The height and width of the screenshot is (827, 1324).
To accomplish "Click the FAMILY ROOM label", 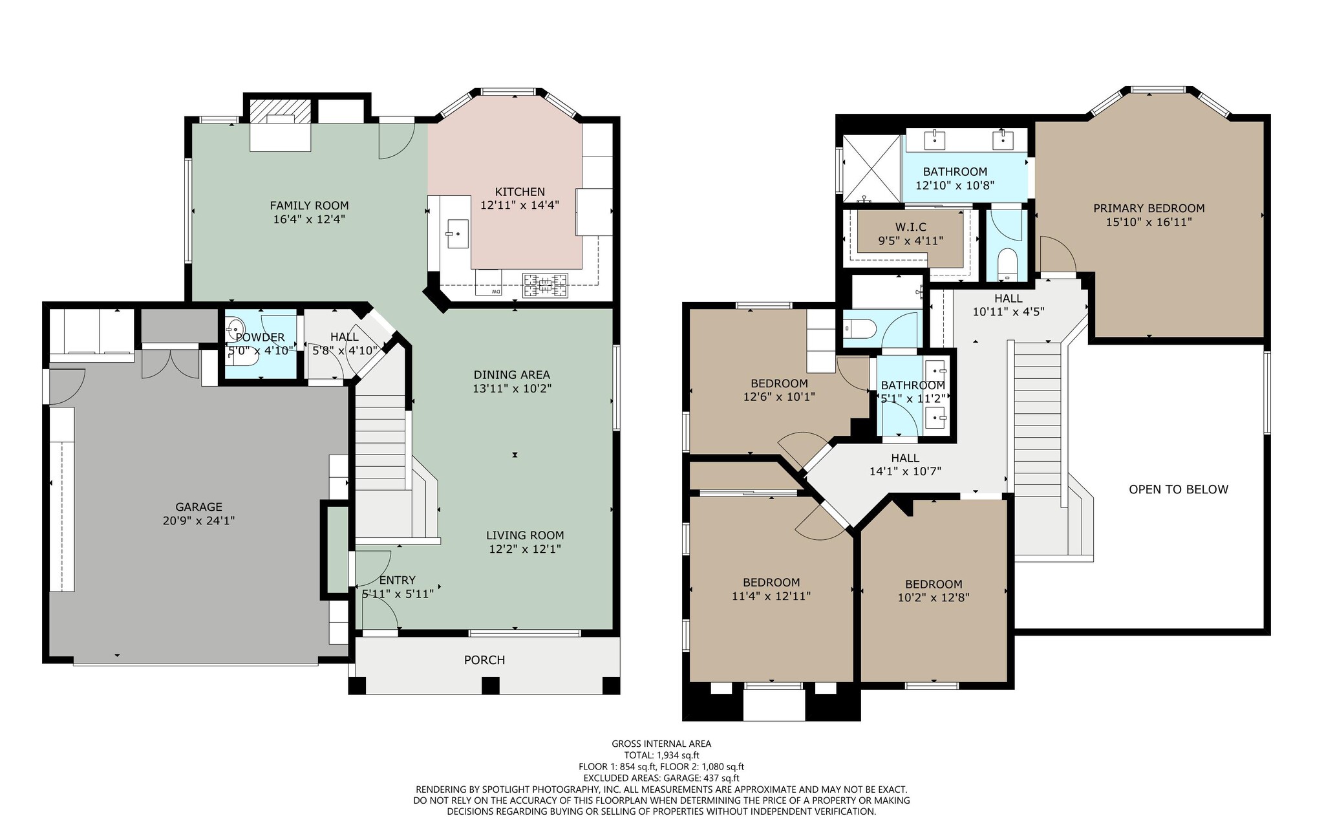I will point(309,206).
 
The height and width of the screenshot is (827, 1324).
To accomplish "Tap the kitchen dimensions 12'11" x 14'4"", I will point(519,205).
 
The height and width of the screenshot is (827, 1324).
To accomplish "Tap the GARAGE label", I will point(198,507).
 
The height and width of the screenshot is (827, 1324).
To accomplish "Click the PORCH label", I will point(484,660).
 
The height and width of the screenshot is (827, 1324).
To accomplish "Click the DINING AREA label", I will point(511,374).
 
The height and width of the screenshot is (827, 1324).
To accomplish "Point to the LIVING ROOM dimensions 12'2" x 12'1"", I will point(524,549).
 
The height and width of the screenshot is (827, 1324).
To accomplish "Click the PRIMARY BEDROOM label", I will point(1148,208).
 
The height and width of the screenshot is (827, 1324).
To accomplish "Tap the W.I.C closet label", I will point(910,227).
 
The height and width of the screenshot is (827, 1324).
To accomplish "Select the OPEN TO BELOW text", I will point(1178,489).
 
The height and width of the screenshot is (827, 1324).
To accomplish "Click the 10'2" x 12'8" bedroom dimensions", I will point(933,598).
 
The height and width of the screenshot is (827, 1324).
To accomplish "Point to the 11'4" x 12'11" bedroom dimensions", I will point(771,596).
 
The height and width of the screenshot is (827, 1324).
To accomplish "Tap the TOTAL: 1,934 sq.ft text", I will point(661,755).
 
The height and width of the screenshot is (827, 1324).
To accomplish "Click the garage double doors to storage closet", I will point(170,365).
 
